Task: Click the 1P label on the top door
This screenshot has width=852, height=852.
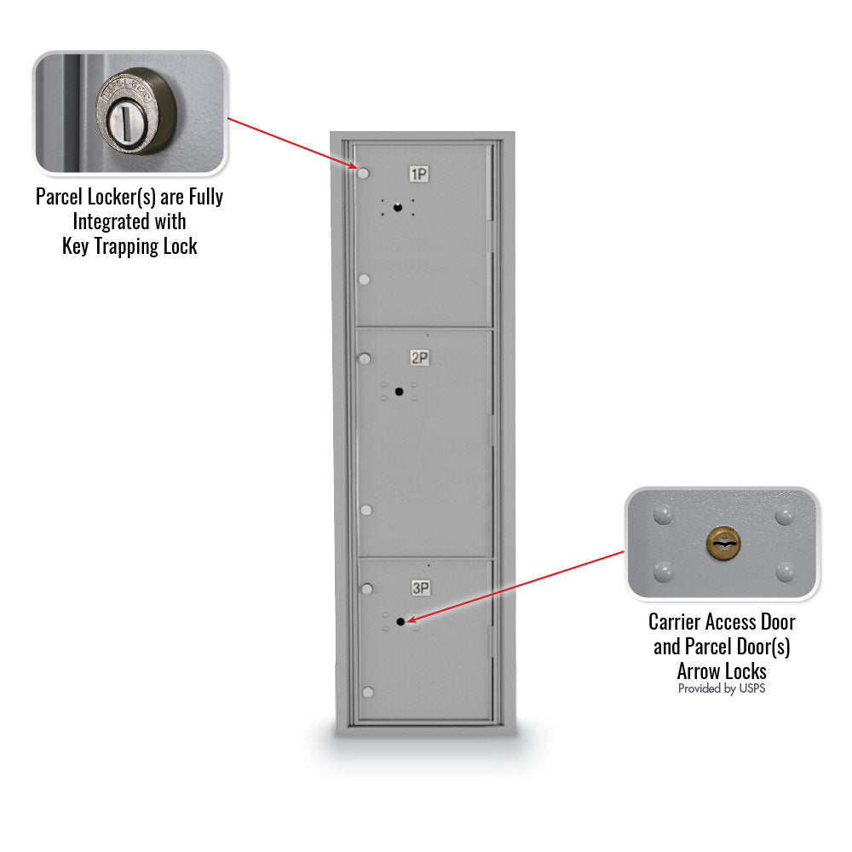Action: pos(418,175)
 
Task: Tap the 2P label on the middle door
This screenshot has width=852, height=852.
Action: pos(419,358)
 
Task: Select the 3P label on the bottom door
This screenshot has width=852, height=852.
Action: pos(420,587)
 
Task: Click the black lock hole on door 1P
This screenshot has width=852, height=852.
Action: pos(397,207)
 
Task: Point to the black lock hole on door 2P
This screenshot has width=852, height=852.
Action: pos(399,391)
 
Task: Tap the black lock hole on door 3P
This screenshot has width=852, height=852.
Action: pos(400,621)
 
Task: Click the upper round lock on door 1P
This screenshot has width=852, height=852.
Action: pos(364,174)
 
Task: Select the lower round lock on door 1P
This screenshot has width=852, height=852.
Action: pos(365,279)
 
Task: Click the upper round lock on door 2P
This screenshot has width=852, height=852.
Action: pos(365,358)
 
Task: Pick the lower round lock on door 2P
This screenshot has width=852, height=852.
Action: pos(366,509)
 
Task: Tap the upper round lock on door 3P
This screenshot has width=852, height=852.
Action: pos(368,588)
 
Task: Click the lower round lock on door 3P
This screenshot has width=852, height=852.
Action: pos(368,692)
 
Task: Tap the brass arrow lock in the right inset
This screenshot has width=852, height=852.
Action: pos(722,542)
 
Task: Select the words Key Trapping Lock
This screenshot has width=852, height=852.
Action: pos(130,246)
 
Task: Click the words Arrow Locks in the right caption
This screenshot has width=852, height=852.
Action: pos(722,671)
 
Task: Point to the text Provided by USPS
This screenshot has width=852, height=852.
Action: pos(722,688)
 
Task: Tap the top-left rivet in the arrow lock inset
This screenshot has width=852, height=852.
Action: pos(661,515)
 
